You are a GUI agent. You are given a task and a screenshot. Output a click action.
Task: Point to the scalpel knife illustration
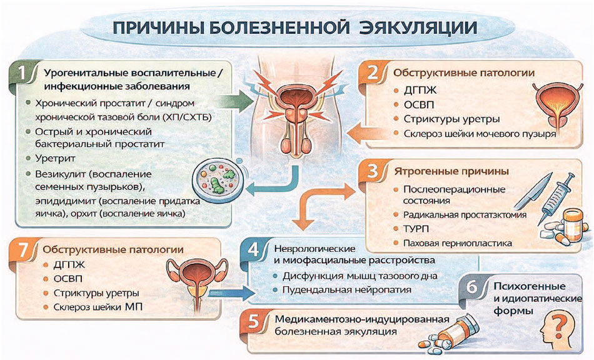coord(526,191)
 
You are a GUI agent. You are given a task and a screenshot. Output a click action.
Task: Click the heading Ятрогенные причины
coord(445,171)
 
